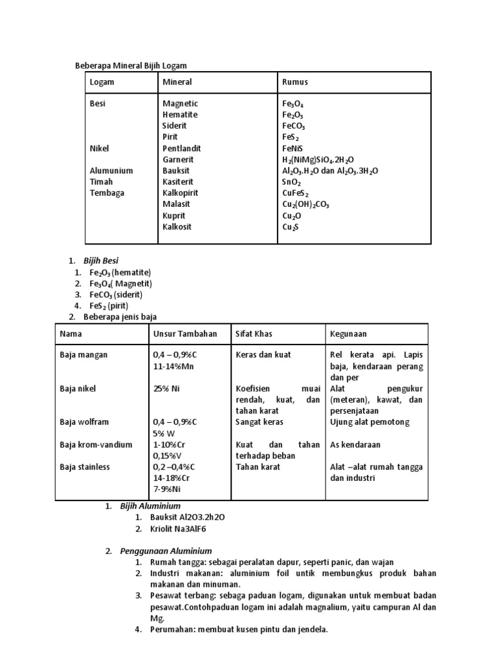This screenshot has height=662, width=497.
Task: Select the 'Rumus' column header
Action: [295, 82]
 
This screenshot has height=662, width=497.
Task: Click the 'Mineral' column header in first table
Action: [177, 82]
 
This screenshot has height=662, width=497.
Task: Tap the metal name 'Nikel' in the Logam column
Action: [100, 148]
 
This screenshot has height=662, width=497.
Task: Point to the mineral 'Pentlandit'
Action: [182, 148]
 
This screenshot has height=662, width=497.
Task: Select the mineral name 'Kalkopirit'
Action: [181, 193]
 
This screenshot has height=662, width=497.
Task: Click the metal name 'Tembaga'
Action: [107, 193]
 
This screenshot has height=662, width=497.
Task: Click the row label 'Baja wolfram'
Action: [84, 422]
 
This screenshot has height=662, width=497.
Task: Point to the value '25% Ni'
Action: [166, 389]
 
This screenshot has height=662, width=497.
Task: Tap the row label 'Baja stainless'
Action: [85, 467]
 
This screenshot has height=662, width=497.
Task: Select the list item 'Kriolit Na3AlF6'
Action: [178, 529]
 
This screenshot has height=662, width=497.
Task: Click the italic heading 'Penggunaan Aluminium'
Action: [166, 551]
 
